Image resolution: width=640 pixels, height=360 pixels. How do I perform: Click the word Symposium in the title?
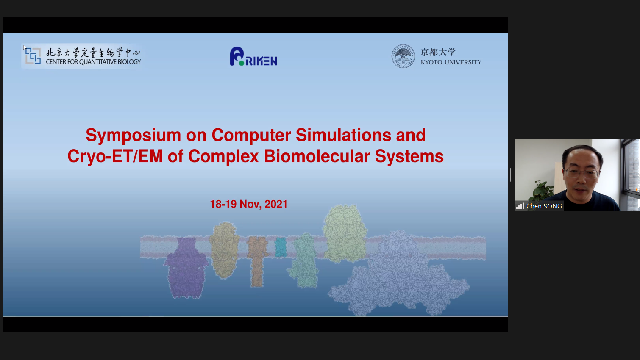(134, 136)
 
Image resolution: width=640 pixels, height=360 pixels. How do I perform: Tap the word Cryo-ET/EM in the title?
(115, 156)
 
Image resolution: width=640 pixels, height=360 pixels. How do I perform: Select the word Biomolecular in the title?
(317, 156)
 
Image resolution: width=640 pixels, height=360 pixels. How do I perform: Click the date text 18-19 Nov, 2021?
(248, 204)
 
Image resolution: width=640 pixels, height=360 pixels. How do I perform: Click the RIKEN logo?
(253, 56)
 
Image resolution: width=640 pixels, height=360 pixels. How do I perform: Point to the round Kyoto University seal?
(403, 56)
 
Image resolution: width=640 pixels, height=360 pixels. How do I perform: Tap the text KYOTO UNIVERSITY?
(451, 62)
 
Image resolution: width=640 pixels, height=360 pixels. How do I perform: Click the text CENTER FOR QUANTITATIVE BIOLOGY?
(93, 62)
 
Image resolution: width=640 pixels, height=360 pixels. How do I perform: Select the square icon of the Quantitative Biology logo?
(33, 55)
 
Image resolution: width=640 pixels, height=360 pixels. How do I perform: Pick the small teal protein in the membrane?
(281, 247)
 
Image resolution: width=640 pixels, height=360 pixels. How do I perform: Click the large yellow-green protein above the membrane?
(345, 233)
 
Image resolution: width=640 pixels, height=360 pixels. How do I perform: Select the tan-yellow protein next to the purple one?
(225, 250)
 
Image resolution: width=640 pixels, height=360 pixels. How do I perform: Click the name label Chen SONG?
(544, 206)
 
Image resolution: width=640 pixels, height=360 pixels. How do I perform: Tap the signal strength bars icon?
(520, 206)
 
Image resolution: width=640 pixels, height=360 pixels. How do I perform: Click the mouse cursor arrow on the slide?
(25, 48)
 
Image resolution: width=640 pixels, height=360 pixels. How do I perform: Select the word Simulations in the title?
(343, 136)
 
